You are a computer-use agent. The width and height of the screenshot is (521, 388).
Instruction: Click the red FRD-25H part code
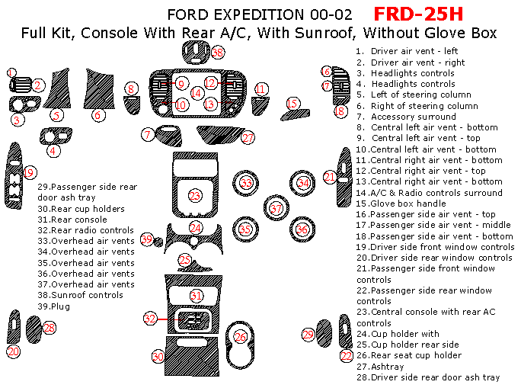click(x=418, y=14)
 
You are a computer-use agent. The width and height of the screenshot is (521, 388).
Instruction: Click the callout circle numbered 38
click(x=219, y=53)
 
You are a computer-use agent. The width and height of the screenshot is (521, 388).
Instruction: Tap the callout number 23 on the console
click(x=195, y=196)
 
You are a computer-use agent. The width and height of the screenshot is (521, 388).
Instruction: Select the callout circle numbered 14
click(x=197, y=93)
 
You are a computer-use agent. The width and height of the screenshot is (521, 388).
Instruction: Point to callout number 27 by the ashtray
click(x=248, y=138)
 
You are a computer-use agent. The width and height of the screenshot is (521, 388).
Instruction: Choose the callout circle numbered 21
click(x=329, y=177)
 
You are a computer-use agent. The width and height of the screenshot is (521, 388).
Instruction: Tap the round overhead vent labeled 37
click(x=276, y=208)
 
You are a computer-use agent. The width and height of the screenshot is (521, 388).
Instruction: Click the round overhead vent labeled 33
click(x=246, y=183)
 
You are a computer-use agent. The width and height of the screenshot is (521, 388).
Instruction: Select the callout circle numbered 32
click(x=150, y=318)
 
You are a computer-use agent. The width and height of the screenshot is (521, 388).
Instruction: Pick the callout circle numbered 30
click(x=158, y=356)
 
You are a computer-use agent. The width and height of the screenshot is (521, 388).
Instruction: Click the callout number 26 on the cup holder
click(x=241, y=336)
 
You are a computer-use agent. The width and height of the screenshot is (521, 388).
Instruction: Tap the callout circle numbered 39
click(x=148, y=239)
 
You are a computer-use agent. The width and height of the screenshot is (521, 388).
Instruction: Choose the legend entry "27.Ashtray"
click(x=388, y=366)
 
